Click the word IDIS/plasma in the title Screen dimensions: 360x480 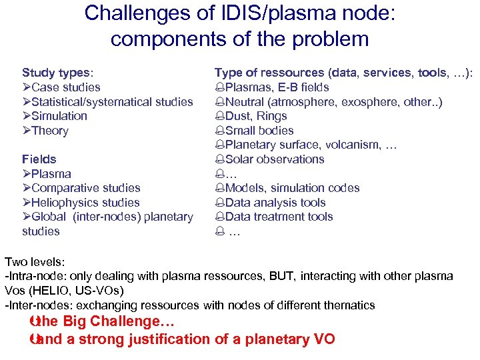(x=265, y=13)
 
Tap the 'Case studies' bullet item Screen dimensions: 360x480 (x=65, y=87)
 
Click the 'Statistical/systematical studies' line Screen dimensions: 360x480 (x=112, y=102)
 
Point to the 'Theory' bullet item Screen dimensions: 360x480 (x=50, y=131)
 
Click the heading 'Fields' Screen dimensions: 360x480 (x=39, y=159)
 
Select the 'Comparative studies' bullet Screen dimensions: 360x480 (x=86, y=188)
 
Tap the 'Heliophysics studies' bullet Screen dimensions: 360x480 (x=85, y=203)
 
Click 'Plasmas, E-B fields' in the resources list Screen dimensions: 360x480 (x=277, y=87)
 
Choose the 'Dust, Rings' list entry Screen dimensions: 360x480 (x=256, y=116)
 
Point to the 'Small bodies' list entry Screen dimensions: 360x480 (x=259, y=131)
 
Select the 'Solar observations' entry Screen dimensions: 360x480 (x=275, y=159)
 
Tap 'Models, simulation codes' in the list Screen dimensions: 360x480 (x=292, y=188)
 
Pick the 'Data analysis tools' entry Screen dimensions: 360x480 (x=275, y=203)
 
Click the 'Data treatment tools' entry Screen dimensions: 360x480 (x=279, y=217)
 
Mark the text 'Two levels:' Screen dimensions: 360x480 (x=34, y=262)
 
